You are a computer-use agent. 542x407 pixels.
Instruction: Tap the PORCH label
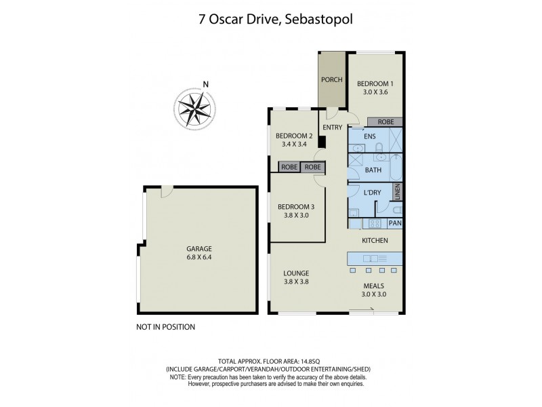[332, 80]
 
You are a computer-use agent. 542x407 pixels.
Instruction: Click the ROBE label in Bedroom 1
[385, 122]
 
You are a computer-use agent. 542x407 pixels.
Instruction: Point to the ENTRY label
[332, 128]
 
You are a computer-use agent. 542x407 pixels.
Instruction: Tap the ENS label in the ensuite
[369, 136]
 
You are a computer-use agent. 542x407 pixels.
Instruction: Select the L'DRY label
[373, 193]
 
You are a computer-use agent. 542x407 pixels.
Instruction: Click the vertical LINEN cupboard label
[398, 193]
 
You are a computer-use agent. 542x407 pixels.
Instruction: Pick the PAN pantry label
[395, 222]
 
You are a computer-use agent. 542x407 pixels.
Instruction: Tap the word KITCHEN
[374, 241]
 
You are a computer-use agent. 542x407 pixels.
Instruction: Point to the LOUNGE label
[296, 273]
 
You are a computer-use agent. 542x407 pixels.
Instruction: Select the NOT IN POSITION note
[166, 327]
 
